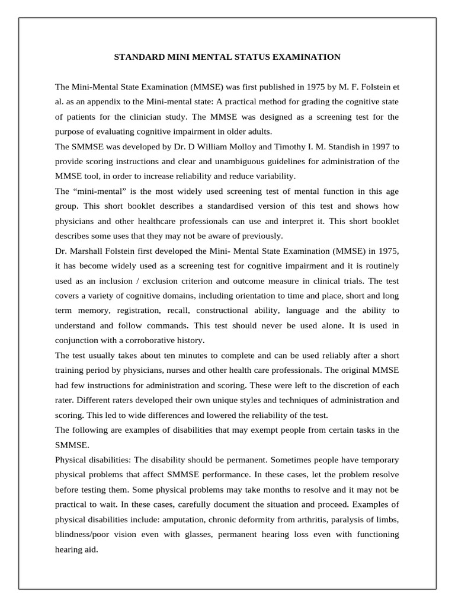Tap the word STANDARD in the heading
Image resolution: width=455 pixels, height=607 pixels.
pyautogui.click(x=137, y=57)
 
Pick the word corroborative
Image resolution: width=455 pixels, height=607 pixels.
pyautogui.click(x=153, y=340)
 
